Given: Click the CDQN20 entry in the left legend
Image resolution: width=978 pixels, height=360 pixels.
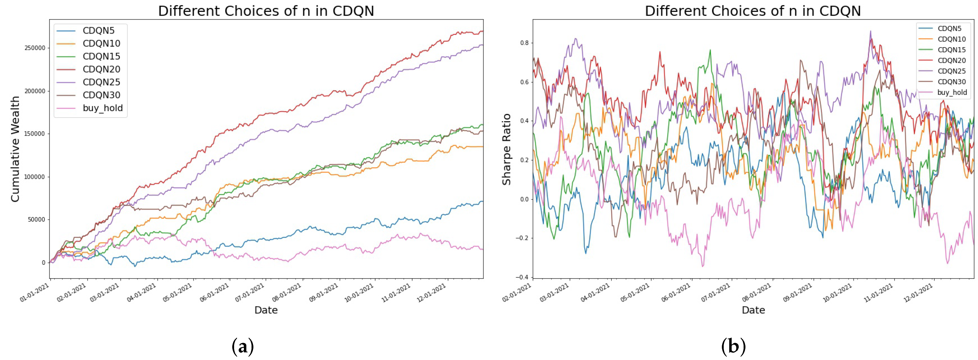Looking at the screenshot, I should click(x=101, y=69).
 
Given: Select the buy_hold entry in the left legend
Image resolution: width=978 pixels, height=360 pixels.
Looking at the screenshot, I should click(x=103, y=108).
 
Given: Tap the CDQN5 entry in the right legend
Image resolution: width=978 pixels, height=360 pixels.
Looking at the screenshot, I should click(x=949, y=28).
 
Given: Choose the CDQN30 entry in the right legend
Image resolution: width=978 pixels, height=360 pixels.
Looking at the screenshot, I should click(x=951, y=82).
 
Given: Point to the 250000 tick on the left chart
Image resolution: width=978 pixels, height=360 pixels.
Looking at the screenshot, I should click(x=35, y=48).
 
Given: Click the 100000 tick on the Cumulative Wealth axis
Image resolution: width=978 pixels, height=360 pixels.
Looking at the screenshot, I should click(x=35, y=177).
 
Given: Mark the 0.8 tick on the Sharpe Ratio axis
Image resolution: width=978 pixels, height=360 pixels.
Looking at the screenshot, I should click(x=524, y=43).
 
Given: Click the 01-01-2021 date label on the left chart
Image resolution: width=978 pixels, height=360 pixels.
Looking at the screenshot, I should click(x=35, y=293).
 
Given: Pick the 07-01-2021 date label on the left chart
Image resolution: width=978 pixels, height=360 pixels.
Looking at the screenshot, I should click(x=249, y=293).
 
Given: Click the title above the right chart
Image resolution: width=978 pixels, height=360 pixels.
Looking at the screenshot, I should click(x=753, y=11).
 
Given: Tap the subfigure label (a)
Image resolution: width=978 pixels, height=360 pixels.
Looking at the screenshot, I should click(x=242, y=346).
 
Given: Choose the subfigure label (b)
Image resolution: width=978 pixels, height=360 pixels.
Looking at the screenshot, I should click(x=733, y=346).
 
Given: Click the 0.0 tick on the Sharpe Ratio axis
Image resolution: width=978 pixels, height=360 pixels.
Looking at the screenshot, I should click(x=524, y=199).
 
